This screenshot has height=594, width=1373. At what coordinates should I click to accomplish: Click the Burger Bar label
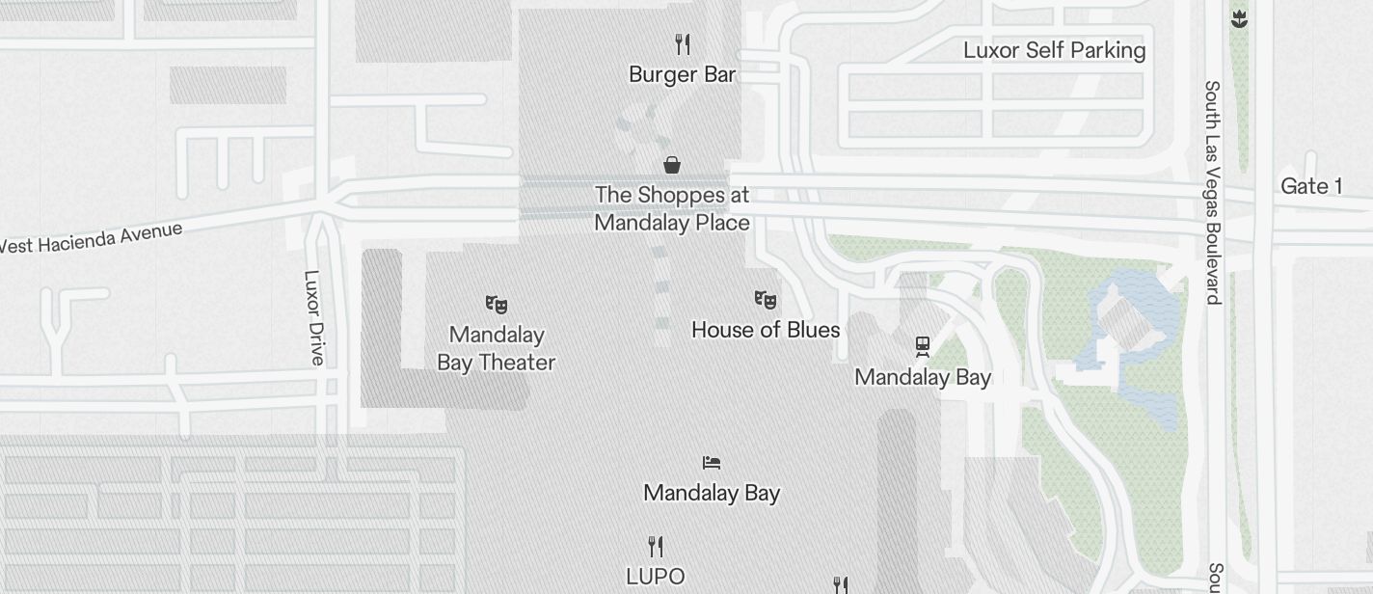tap(682, 74)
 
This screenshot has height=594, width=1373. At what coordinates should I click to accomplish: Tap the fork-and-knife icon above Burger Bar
tap(683, 43)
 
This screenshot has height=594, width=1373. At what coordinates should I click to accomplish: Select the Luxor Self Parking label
tap(1054, 50)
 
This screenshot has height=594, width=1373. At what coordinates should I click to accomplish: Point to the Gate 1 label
tap(1310, 186)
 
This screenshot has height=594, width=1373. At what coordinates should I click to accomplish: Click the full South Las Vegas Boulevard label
tap(1212, 192)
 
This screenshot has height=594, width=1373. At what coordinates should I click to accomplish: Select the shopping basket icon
tap(672, 165)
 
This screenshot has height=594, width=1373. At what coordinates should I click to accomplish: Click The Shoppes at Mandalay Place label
tap(672, 208)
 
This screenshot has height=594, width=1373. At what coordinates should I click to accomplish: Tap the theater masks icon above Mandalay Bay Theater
tap(497, 305)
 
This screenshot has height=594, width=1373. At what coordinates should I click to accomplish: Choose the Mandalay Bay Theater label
tap(497, 348)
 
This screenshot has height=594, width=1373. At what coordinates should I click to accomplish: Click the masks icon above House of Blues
tap(766, 300)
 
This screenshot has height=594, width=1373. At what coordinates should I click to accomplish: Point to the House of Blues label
tap(766, 330)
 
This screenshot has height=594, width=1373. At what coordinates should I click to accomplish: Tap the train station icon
tap(923, 346)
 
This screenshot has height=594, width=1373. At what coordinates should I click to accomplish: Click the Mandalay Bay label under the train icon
tap(923, 377)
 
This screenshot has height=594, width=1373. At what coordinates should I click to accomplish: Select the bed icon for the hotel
tap(712, 463)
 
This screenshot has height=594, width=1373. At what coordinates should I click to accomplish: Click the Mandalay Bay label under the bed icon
tap(712, 493)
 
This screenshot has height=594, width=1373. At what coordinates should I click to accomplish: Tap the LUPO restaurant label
tap(656, 577)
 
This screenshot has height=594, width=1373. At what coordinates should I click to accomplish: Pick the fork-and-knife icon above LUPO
tap(656, 547)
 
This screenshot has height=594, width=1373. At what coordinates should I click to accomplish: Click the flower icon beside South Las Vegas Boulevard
tap(1239, 18)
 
